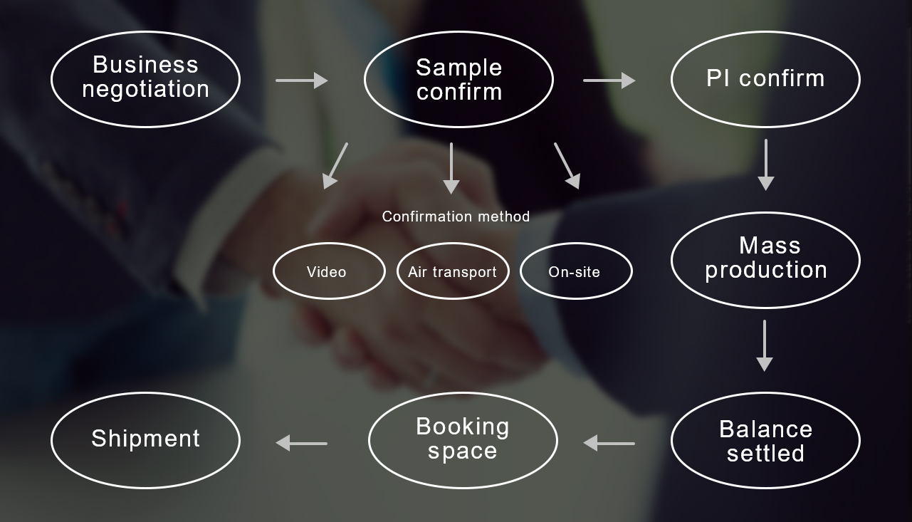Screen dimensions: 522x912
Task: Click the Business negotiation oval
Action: pyautogui.click(x=145, y=78)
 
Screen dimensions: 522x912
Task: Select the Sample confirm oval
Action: pyautogui.click(x=458, y=79)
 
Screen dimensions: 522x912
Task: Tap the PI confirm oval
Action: pyautogui.click(x=765, y=78)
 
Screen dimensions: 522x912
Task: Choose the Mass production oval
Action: pyautogui.click(x=765, y=259)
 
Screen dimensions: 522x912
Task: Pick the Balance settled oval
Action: pyautogui.click(x=765, y=441)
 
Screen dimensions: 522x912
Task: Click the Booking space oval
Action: pyautogui.click(x=463, y=439)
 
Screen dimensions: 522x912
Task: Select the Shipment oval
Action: pyautogui.click(x=145, y=439)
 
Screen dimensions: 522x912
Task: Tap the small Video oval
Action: pyautogui.click(x=328, y=271)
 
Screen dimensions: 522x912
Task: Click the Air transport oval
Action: pyautogui.click(x=453, y=271)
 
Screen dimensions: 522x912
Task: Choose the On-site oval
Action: pyautogui.click(x=576, y=271)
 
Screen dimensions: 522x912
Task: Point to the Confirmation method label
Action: pyautogui.click(x=456, y=216)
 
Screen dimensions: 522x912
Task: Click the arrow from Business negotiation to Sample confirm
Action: pyautogui.click(x=302, y=80)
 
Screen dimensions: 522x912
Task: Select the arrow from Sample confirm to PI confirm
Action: pyautogui.click(x=609, y=80)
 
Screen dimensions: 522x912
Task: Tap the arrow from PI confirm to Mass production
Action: pyautogui.click(x=765, y=165)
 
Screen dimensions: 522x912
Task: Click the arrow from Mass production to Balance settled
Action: pyautogui.click(x=765, y=345)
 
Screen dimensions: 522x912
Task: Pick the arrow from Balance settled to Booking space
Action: pyautogui.click(x=609, y=443)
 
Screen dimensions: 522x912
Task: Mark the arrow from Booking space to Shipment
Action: pyautogui.click(x=301, y=443)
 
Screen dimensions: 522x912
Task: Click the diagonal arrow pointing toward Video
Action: pyautogui.click(x=335, y=166)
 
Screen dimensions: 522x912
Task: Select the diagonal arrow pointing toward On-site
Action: pyautogui.click(x=567, y=166)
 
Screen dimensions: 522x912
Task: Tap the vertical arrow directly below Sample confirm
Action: pyautogui.click(x=451, y=168)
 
